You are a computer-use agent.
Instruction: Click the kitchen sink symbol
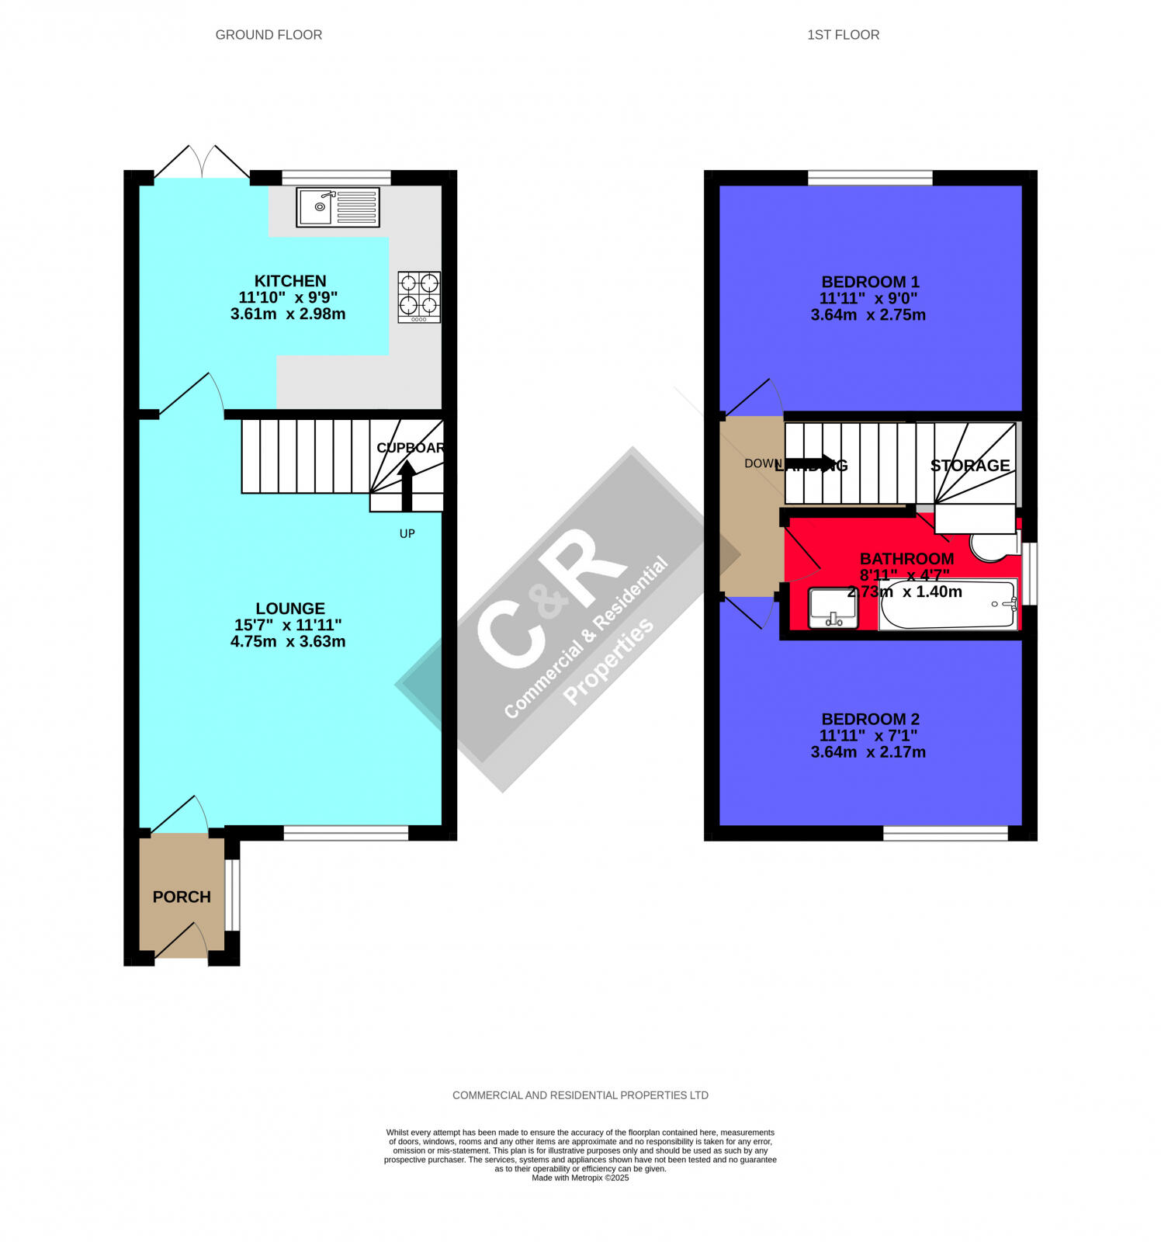coord(338,207)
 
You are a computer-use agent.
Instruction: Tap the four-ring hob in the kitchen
coord(419,297)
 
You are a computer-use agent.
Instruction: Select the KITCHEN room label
coord(290,281)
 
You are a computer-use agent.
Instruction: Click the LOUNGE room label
coord(290,609)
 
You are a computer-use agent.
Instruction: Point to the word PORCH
coord(182,897)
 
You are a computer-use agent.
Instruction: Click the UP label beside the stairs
coord(407,534)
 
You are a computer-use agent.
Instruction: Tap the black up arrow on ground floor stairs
coord(407,485)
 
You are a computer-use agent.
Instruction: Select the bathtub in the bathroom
coord(947,604)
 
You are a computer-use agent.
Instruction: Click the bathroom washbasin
coord(833,609)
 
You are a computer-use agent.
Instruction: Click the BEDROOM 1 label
coord(870,282)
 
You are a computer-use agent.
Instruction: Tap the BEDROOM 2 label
coord(870,719)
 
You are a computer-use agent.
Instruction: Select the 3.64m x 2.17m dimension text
coord(868,752)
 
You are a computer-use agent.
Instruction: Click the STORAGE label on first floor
coord(970,466)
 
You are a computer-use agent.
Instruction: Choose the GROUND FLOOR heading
coord(269,35)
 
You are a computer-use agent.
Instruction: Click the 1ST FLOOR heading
coord(843,35)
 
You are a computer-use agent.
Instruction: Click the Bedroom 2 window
coord(945,834)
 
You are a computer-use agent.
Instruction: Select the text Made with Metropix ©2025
coord(580,1178)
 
